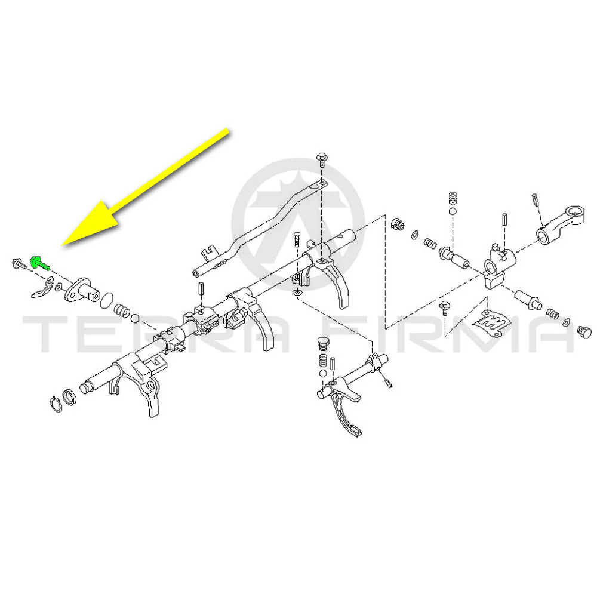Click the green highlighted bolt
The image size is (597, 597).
pos(39,263)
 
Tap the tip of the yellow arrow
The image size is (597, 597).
pos(62,245)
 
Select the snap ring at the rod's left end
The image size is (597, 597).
pos(56,405)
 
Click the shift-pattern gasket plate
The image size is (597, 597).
pos(491,322)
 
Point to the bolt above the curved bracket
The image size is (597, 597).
pos(322,159)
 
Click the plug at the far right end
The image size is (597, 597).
pos(584,331)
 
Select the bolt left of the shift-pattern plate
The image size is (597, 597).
pos(445,307)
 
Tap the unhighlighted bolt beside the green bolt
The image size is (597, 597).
pos(19,263)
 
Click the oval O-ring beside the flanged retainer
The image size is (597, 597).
pos(107,300)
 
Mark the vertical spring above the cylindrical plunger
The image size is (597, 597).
pos(453,199)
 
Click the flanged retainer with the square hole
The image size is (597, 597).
pos(82,291)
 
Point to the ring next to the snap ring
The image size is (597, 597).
pos(69,398)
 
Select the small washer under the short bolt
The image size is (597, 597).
pos(297,293)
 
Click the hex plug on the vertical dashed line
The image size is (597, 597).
pos(398,223)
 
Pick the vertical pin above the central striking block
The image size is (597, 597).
pos(505,219)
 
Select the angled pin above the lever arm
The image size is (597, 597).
pos(536,199)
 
